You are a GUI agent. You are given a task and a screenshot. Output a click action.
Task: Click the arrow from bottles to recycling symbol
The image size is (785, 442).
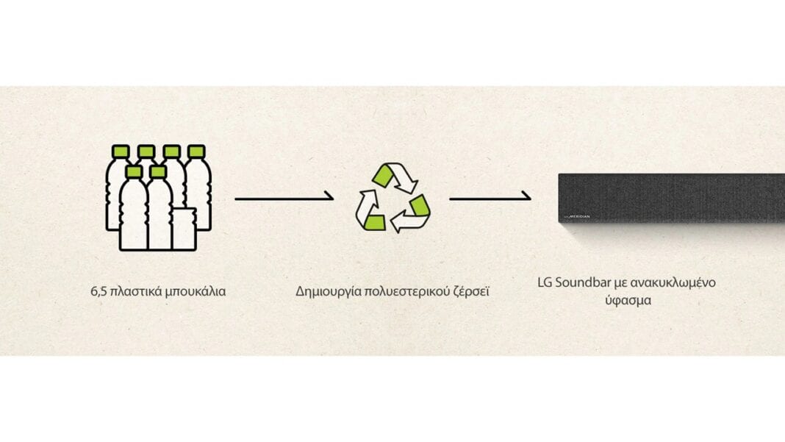point(284,198)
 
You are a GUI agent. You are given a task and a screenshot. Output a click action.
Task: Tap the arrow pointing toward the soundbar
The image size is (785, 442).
point(490,198)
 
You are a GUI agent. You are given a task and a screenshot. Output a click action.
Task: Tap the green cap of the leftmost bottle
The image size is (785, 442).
point(121,152)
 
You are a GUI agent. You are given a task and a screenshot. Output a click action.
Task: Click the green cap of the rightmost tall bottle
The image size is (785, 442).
point(196,152)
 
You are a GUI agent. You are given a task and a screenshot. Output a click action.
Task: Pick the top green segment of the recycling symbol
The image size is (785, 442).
point(384,175)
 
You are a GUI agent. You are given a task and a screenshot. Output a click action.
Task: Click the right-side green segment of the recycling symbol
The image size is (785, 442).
point(420,206)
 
